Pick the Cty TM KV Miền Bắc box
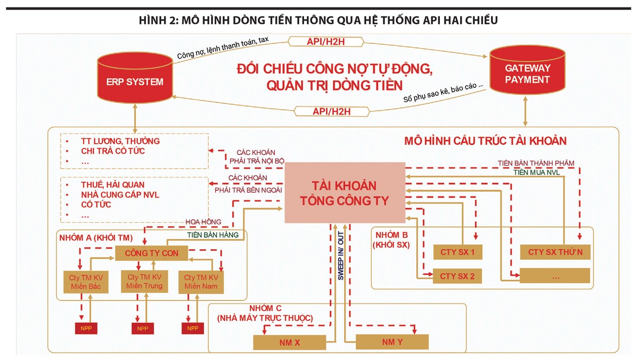pos(81,282)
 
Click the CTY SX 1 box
pos(457,252)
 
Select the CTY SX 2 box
pos(457,276)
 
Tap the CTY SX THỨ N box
pos(555,252)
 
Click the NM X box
pos(290,342)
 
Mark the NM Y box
pos(392,342)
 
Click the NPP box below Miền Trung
pos(142,328)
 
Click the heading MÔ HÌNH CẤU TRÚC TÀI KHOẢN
pos(485,141)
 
